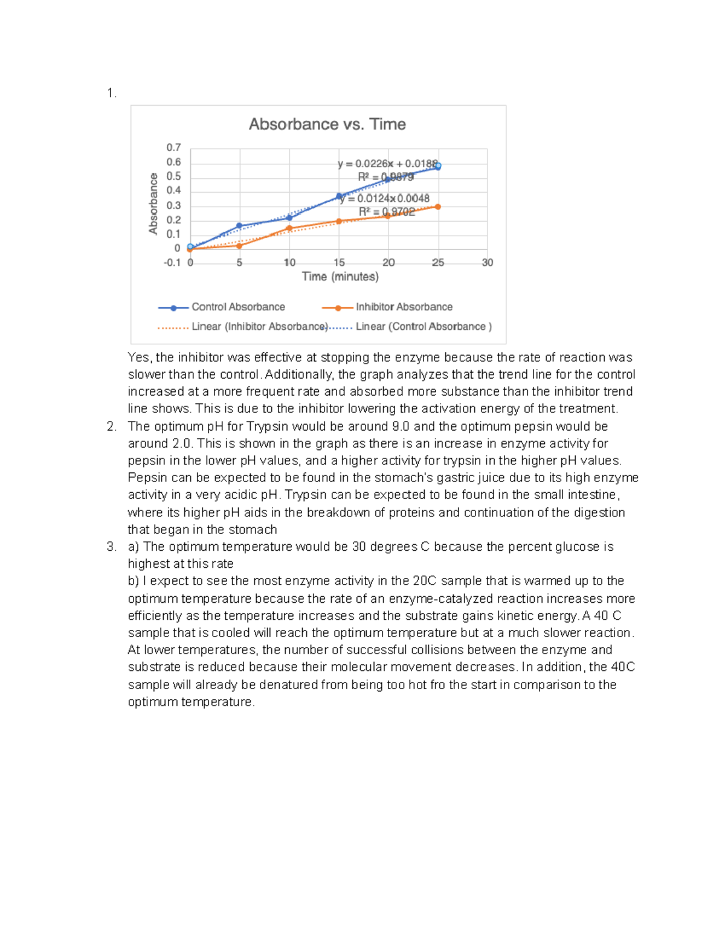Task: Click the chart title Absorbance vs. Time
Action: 327,124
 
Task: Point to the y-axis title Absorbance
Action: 153,204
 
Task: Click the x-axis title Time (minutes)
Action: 340,277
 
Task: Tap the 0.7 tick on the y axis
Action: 173,148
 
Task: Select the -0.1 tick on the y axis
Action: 172,263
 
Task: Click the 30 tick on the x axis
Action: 487,263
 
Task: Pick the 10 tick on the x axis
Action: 289,263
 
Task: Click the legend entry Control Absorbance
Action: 238,307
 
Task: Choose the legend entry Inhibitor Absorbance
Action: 404,307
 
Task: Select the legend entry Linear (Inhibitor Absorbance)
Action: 259,327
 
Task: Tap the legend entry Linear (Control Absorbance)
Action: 424,327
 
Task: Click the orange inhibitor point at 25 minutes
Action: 437,207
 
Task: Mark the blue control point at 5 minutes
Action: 239,226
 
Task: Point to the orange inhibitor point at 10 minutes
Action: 289,228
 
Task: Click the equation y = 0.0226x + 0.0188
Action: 387,164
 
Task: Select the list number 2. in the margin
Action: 111,426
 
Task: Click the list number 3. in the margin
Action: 111,547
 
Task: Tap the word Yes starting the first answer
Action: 139,358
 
